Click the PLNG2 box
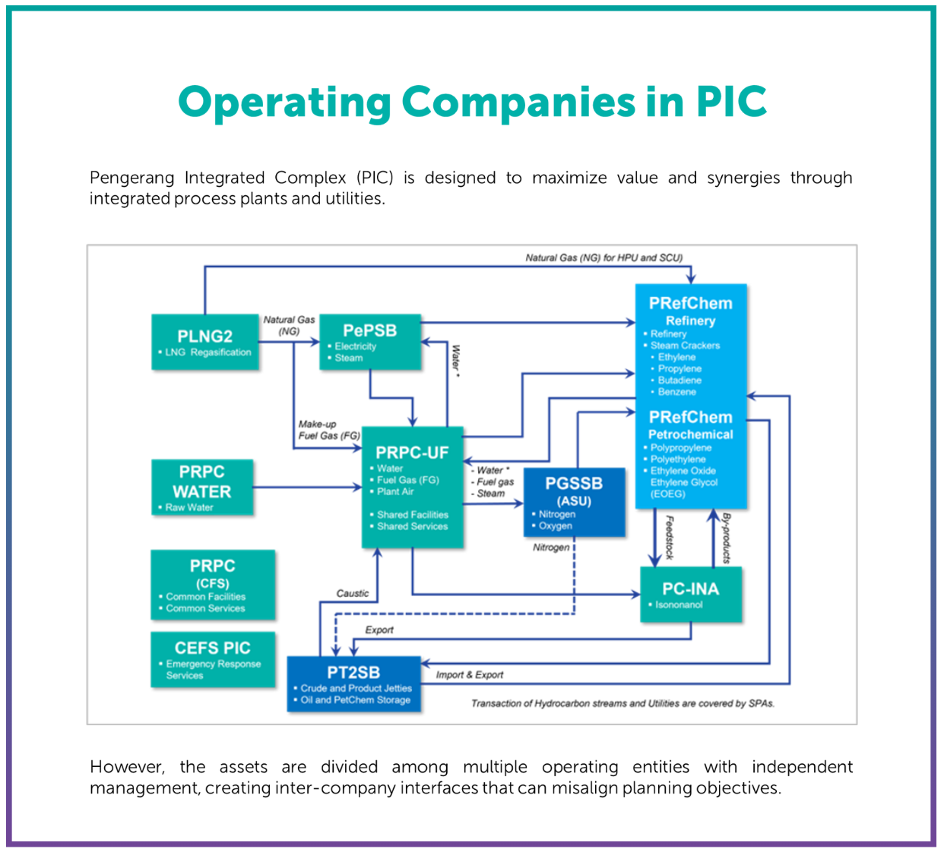[204, 342]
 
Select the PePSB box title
[369, 330]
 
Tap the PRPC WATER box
[201, 487]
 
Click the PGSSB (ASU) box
[574, 502]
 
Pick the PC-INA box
[690, 595]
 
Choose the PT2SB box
[353, 683]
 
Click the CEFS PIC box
[213, 659]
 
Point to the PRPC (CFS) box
[213, 585]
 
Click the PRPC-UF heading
[412, 453]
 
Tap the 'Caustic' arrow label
[353, 593]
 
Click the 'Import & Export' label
[469, 674]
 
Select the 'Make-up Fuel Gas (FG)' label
[328, 430]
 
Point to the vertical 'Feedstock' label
[669, 538]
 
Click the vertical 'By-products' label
[726, 538]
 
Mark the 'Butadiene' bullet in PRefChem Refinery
[679, 380]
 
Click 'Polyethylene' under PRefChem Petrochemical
[677, 459]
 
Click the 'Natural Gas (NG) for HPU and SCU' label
[603, 257]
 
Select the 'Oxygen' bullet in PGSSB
[555, 525]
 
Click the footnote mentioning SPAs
[622, 703]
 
